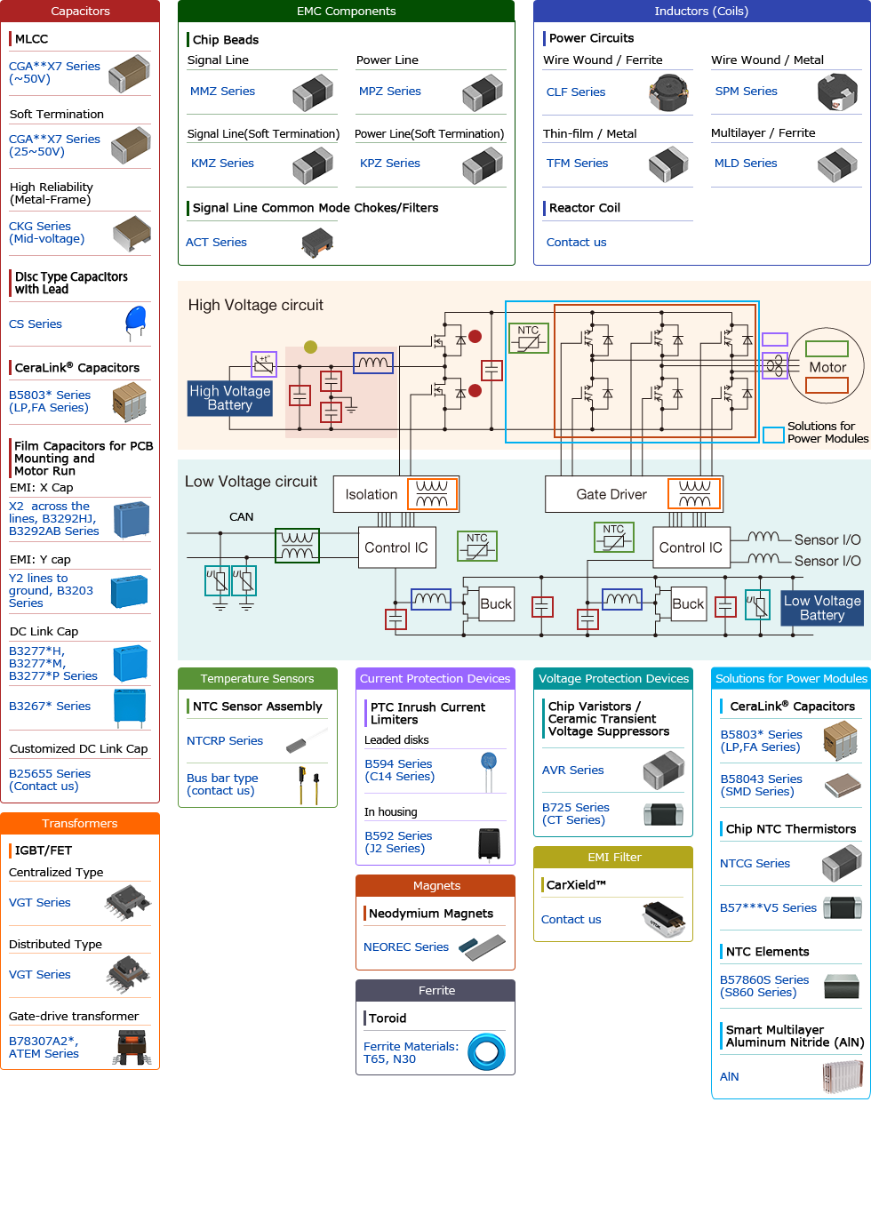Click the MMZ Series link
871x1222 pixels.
pos(222,92)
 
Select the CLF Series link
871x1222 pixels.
pos(575,92)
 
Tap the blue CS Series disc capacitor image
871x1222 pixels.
pos(136,322)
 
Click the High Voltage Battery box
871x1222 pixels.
pos(229,398)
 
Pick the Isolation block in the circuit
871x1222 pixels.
pos(371,495)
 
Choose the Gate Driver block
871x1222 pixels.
pos(611,495)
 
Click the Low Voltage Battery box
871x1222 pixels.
pos(821,608)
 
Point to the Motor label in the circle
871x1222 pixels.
pos(827,367)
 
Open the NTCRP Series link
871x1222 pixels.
pos(225,741)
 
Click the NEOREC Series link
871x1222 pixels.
pos(406,947)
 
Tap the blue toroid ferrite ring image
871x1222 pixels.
pos(486,1052)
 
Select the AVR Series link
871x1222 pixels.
pos(573,771)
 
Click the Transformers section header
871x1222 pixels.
pos(80,824)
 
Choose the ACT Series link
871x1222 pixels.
pos(216,243)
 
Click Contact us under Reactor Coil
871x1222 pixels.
pos(576,243)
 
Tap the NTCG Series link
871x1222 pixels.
pos(755,864)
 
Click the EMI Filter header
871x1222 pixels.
pos(613,858)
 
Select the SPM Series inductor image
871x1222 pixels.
pos(836,92)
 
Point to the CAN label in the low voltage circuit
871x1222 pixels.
pos(241,517)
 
